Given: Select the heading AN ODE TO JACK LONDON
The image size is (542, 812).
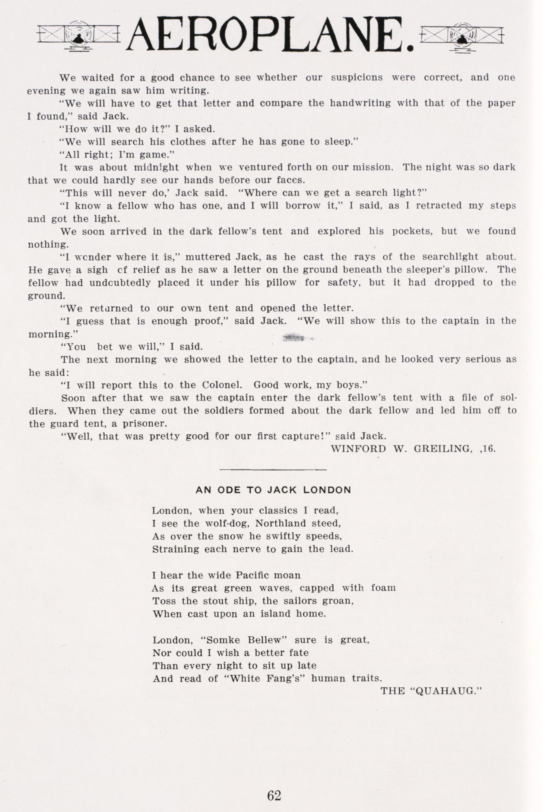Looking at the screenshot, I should click(273, 490).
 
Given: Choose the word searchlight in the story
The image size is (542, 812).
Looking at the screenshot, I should click(449, 257).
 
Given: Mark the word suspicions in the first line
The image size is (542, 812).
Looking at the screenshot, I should click(357, 78).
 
